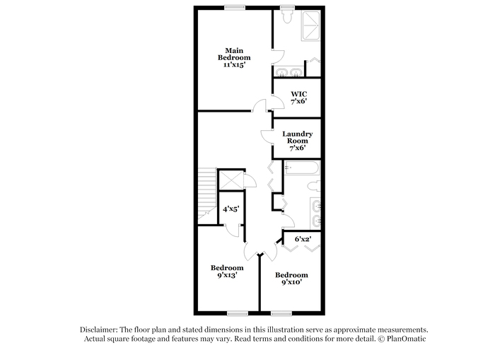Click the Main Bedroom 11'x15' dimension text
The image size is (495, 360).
pos(234,65)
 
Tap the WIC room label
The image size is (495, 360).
pos(299,94)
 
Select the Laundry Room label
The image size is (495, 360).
pos(298,137)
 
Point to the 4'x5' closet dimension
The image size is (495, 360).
pos(231,209)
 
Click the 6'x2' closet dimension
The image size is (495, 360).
pos(303,239)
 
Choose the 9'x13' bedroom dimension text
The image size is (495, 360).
pos(227,275)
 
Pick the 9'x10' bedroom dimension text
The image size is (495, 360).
pos(291,282)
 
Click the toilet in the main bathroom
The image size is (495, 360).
pos(287,16)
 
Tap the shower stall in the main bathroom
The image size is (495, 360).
pos(311,26)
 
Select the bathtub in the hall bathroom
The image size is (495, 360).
pos(301,168)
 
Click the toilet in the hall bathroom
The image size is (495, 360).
pos(314,186)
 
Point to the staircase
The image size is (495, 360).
pos(207,194)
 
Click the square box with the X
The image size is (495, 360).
pos(231,180)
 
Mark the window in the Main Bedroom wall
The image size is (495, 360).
pos(235,7)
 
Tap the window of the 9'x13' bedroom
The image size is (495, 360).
pos(238,313)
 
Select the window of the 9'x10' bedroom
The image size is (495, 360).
pos(281,313)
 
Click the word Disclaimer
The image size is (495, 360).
pos(99,330)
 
